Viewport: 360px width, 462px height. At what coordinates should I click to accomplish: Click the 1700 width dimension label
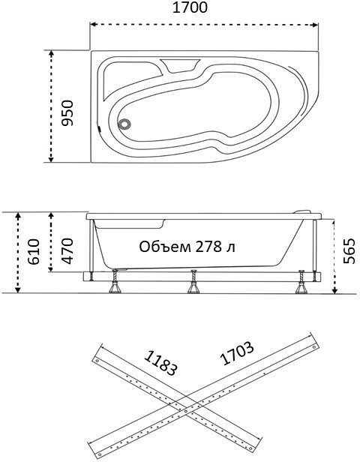[190, 7]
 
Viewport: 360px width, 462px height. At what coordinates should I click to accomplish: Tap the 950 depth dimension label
[67, 113]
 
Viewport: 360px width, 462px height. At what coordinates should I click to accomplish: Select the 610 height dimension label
[34, 252]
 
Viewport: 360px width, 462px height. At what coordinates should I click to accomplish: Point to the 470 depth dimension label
[67, 251]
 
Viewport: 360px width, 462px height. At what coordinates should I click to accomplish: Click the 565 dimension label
[349, 251]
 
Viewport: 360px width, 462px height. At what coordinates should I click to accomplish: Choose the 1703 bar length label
[237, 353]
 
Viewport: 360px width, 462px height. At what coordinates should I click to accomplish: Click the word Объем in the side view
[165, 247]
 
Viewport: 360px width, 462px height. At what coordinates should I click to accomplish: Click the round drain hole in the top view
[124, 124]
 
